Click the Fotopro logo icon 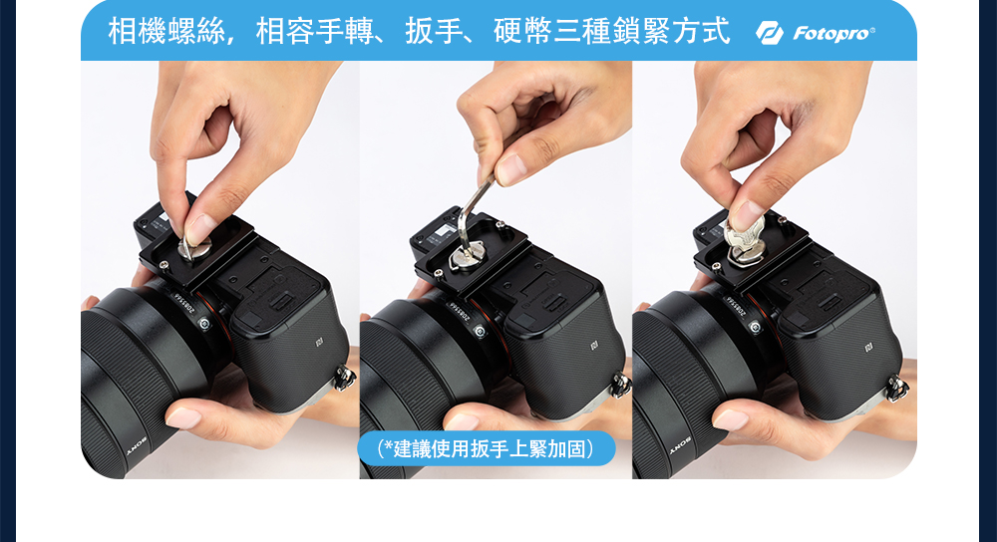tap(770, 33)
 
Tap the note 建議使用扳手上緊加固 tap(487, 448)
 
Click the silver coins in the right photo tap(745, 236)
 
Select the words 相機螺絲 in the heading tap(166, 32)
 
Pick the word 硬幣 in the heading tap(522, 32)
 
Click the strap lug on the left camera tap(344, 378)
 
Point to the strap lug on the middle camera tap(620, 385)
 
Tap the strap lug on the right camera tap(898, 388)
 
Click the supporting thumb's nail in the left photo tap(183, 417)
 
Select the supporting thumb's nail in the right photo tap(730, 419)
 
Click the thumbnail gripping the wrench tap(510, 169)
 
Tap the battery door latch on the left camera tap(282, 300)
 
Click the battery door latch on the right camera tap(830, 302)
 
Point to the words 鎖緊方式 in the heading tap(671, 32)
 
